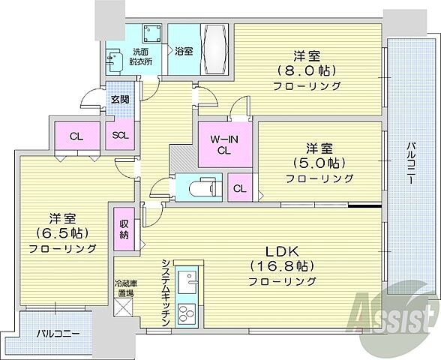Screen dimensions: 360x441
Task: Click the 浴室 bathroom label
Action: (183, 52)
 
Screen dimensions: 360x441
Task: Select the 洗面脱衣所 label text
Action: (141, 56)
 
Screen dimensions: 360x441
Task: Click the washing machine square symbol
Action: (153, 35)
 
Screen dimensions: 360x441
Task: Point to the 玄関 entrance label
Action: (120, 97)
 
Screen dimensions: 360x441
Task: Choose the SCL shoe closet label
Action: (120, 136)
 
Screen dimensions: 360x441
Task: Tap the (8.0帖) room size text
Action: (308, 70)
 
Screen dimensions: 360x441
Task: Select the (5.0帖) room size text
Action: (319, 163)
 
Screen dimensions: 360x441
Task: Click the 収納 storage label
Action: (123, 228)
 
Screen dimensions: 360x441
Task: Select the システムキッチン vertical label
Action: (163, 292)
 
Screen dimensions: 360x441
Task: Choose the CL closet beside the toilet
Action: (238, 188)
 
